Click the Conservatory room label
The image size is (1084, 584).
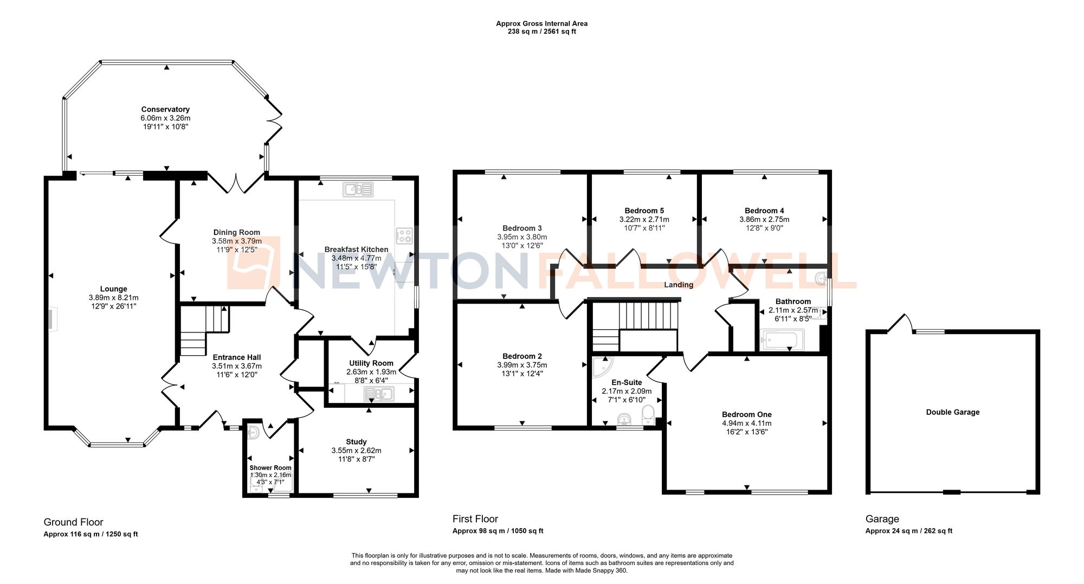click(x=165, y=110)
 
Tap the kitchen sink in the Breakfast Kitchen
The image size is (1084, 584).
click(x=358, y=189)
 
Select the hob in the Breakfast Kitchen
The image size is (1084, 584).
click(x=404, y=236)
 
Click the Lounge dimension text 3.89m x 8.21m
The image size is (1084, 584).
click(x=114, y=298)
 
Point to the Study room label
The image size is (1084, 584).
click(x=356, y=442)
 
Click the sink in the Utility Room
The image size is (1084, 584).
click(x=378, y=394)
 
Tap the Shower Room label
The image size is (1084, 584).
click(x=270, y=467)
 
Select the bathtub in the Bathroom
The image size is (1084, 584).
click(x=782, y=341)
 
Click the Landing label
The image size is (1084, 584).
click(x=679, y=285)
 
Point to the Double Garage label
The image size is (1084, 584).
click(x=952, y=412)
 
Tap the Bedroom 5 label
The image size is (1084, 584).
click(x=644, y=210)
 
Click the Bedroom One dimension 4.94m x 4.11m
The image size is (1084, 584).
click(x=746, y=423)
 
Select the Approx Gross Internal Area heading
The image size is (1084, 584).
click(x=541, y=23)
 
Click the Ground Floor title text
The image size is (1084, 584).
click(x=73, y=522)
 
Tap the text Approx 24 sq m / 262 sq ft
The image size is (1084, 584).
click(x=908, y=531)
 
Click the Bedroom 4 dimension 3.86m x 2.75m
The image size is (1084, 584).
click(x=764, y=220)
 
